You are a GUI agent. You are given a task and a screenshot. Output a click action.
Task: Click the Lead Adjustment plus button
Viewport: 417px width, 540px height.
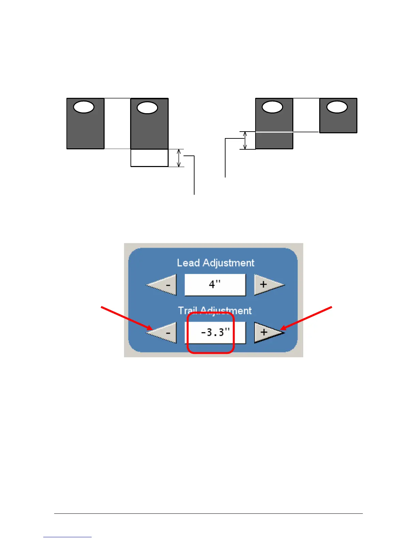(267, 285)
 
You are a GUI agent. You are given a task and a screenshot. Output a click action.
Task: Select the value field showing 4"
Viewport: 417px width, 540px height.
(215, 285)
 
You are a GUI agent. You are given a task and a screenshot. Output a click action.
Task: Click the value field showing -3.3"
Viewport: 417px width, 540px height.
(215, 332)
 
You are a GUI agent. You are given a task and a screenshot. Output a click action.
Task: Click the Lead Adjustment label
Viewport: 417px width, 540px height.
(215, 263)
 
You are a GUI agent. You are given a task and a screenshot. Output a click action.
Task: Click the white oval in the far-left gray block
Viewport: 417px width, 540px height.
(84, 107)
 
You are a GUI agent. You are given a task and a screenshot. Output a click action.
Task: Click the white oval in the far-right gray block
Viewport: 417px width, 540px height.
(337, 107)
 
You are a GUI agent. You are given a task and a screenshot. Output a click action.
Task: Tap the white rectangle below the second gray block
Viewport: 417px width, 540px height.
(149, 158)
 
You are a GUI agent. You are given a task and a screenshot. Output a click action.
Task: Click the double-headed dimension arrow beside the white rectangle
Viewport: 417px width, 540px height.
(179, 158)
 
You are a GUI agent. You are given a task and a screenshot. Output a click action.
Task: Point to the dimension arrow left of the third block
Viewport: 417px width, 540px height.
(245, 140)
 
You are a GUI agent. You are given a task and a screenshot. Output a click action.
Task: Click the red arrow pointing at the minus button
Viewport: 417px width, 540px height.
(126, 318)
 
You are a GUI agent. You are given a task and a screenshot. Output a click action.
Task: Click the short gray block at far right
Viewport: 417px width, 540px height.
(338, 121)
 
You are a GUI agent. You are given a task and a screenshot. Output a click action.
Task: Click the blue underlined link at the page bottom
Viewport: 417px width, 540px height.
(67, 537)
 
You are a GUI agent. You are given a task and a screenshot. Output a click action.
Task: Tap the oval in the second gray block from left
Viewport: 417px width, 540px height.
(147, 108)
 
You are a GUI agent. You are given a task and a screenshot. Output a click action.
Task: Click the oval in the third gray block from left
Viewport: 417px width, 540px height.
(272, 107)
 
